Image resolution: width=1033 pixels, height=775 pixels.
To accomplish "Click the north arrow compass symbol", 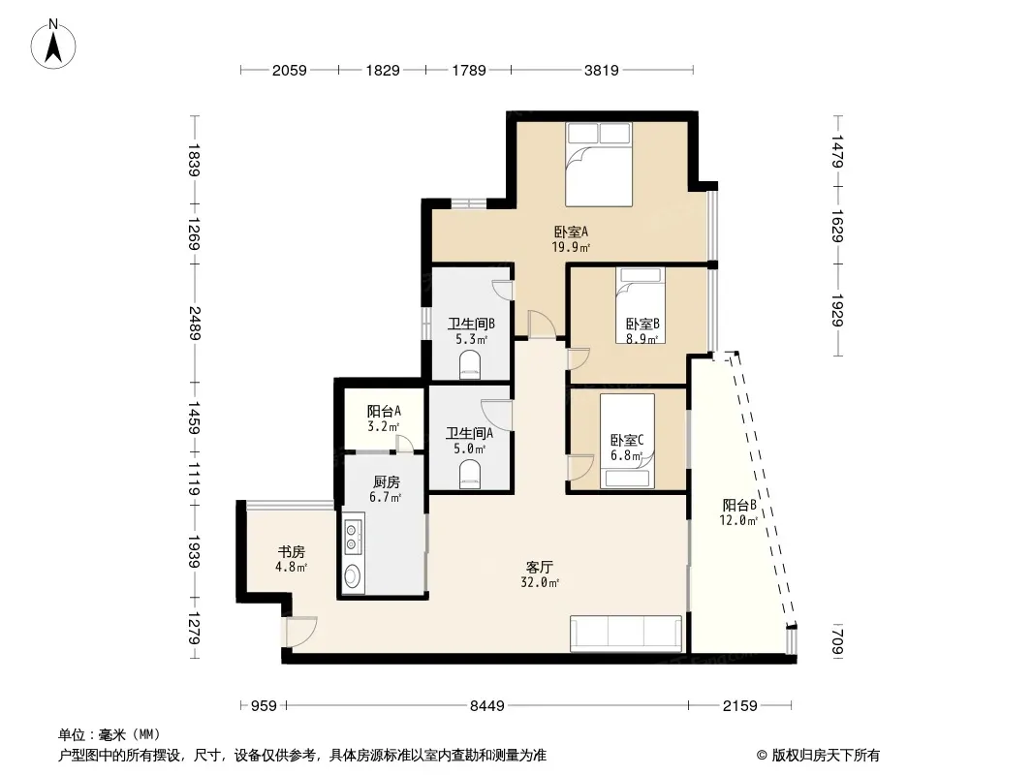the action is click(x=53, y=44).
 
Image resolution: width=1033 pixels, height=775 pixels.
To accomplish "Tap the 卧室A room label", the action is click(x=571, y=232).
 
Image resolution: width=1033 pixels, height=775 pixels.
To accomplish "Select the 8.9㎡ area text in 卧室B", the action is click(x=642, y=340).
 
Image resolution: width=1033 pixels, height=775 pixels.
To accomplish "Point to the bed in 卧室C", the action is click(x=627, y=441).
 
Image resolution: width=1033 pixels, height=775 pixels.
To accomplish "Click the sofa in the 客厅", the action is click(x=626, y=634).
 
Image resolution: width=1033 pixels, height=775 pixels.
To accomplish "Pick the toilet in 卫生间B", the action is click(x=470, y=365).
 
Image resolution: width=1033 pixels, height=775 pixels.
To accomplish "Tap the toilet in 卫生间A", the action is click(x=470, y=474).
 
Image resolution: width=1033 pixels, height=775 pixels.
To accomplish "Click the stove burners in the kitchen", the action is click(x=353, y=536).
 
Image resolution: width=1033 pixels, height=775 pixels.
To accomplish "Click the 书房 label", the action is click(x=291, y=552).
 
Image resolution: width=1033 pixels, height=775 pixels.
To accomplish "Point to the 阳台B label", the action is click(x=739, y=506).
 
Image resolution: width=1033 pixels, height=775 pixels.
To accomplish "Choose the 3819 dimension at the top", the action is click(x=602, y=70).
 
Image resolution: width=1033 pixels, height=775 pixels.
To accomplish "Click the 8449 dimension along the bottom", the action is click(x=486, y=706).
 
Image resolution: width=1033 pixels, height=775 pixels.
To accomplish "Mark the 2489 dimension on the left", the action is click(x=195, y=324).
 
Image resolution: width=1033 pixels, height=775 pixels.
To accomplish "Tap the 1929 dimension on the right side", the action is click(x=838, y=310).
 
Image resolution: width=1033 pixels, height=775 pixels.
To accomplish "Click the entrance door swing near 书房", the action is click(x=301, y=632).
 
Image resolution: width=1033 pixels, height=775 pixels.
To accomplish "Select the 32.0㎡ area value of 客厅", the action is click(x=540, y=583).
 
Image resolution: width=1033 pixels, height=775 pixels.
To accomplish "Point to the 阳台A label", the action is click(x=384, y=412).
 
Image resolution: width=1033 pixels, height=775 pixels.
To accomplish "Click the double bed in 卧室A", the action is click(x=599, y=165).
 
